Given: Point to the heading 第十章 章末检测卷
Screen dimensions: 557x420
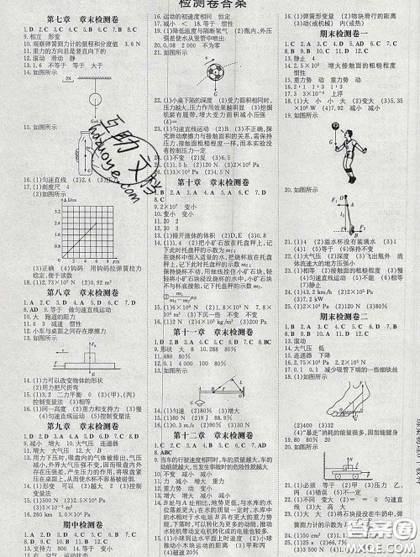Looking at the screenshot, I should coord(210,181).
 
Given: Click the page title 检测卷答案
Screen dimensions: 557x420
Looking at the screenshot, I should coord(210,6).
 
